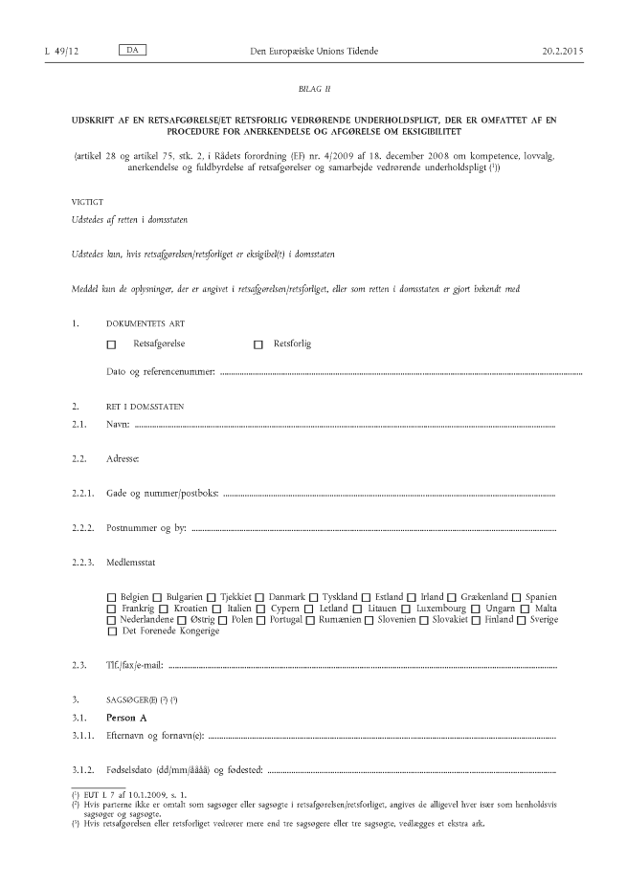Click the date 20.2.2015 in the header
pyautogui.click(x=561, y=49)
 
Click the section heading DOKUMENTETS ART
pyautogui.click(x=152, y=322)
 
